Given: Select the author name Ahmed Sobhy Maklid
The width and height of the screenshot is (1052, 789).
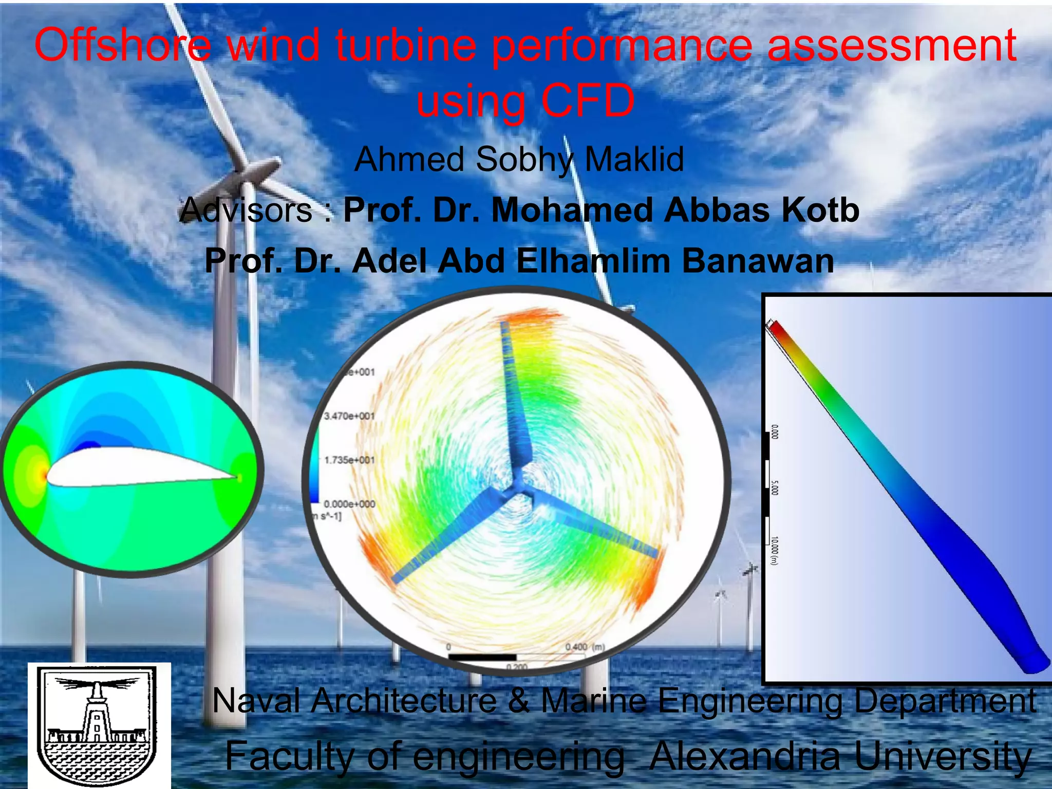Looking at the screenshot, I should click(x=519, y=159).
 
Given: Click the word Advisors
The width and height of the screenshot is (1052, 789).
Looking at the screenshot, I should click(x=247, y=210).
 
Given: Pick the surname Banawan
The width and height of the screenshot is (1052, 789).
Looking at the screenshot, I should click(x=757, y=260).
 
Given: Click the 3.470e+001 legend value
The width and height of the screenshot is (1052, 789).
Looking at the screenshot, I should click(x=349, y=416).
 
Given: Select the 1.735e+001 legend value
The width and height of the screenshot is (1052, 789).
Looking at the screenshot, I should click(x=349, y=460).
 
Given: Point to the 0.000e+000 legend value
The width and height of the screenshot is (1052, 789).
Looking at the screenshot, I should click(x=349, y=504).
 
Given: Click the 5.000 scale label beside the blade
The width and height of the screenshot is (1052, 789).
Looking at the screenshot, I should click(x=775, y=488).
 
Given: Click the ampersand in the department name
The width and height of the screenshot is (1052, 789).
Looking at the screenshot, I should click(x=519, y=701).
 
